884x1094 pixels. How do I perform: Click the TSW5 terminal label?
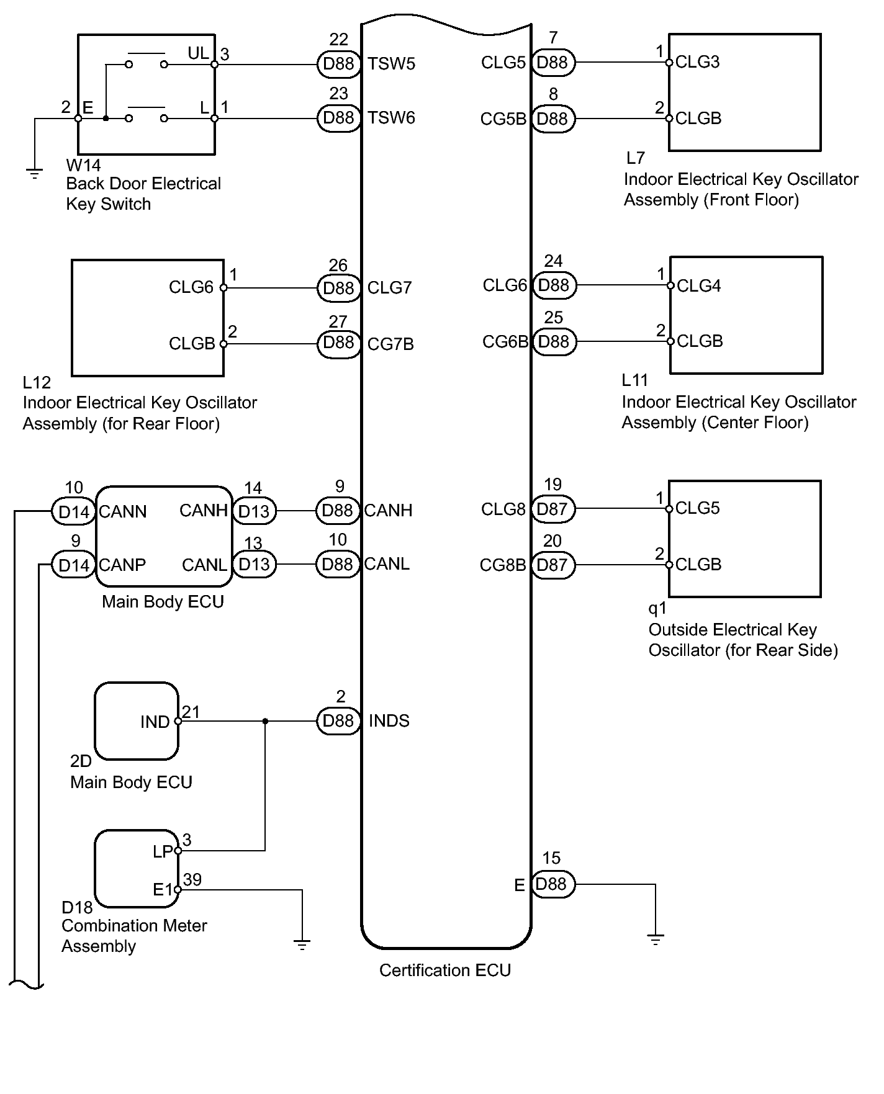coord(391,64)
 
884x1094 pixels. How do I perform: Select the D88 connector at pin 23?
coord(339,118)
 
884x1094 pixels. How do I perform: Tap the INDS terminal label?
coord(389,721)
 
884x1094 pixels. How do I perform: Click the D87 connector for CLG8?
coord(552,509)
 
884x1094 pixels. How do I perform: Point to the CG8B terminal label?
coord(503,565)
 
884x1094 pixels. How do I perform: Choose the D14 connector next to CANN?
coord(74,512)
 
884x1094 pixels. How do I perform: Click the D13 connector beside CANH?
coord(254,511)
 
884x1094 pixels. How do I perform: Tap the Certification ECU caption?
coord(445,971)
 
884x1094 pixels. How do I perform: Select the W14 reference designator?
coord(83,166)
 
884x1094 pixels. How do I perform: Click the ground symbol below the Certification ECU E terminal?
coord(656,939)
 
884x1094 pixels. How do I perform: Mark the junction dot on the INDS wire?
coord(266,721)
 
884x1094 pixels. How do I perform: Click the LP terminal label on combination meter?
coord(163,851)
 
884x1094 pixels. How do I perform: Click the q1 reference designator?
coord(657,609)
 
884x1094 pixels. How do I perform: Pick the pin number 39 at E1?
coord(192,880)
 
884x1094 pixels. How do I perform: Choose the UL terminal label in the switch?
coord(199,53)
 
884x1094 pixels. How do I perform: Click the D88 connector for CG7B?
coord(339,343)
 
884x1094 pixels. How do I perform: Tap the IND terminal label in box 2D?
coord(155,722)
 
